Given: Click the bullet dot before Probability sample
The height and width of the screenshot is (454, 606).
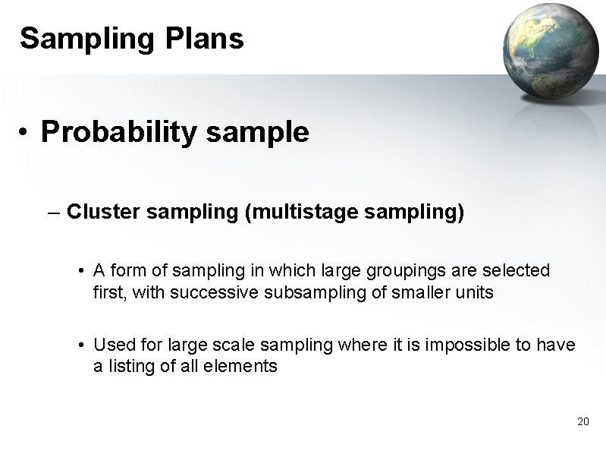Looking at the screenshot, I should [x=25, y=134].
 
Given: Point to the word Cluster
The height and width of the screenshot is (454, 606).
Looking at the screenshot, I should [x=103, y=212].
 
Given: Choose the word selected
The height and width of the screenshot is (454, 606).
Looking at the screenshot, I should [x=522, y=270].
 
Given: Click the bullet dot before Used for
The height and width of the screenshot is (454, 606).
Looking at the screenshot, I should [x=80, y=345].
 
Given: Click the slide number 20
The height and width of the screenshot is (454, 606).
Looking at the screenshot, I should [x=582, y=421].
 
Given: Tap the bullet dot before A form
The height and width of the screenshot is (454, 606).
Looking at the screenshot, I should [x=80, y=271].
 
